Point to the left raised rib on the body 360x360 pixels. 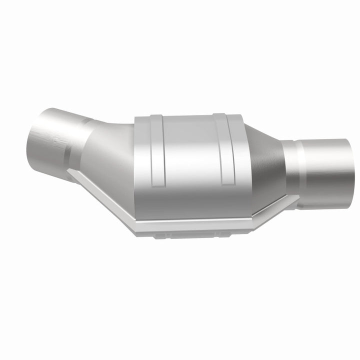(x=156, y=150)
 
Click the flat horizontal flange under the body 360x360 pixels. (x=195, y=225)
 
